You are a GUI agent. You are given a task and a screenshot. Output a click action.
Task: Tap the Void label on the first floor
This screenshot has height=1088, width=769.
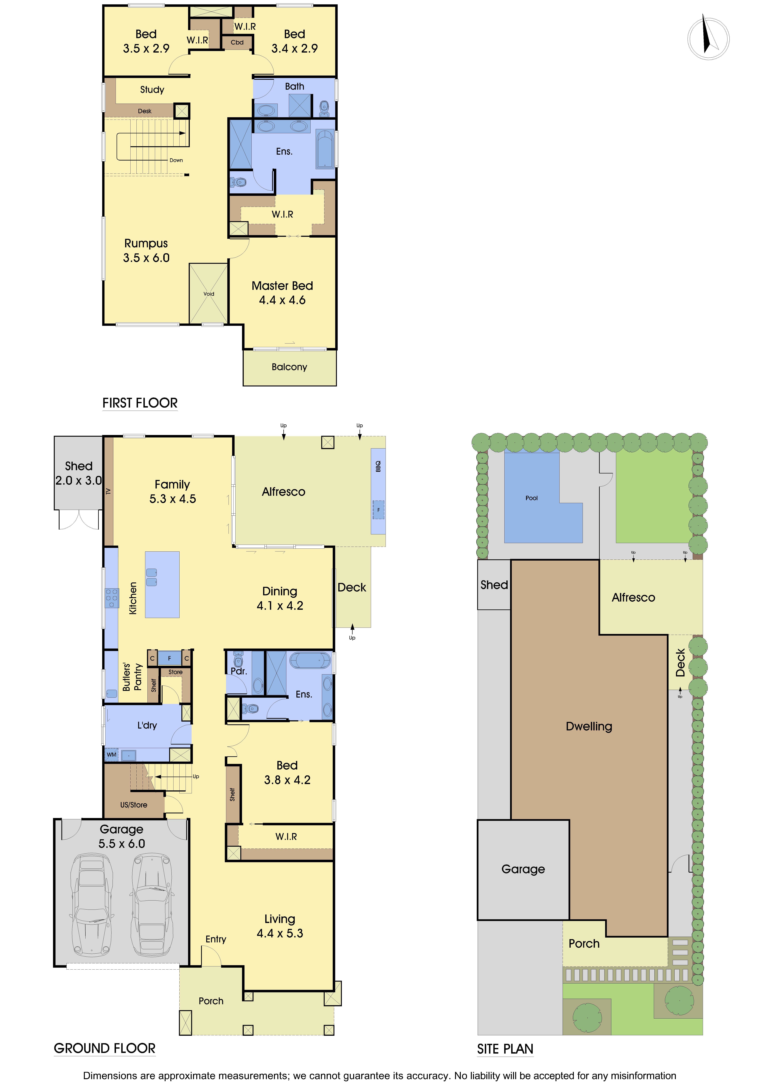pyautogui.click(x=209, y=294)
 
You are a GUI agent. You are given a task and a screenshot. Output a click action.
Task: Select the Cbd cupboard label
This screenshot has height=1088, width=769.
pyautogui.click(x=237, y=42)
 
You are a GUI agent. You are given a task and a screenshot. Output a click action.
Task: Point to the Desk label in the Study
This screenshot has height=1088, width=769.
pyautogui.click(x=144, y=111)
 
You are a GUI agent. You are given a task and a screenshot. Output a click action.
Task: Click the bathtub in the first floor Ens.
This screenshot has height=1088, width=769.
pyautogui.click(x=325, y=149)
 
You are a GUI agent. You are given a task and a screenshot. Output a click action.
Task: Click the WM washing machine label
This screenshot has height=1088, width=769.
pyautogui.click(x=111, y=754)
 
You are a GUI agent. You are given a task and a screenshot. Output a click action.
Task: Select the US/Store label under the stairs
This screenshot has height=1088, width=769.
pyautogui.click(x=134, y=805)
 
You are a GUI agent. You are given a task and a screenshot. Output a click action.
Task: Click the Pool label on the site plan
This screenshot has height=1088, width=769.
pyautogui.click(x=532, y=498)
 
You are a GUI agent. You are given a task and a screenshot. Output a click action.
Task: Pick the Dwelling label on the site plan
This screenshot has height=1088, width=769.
pyautogui.click(x=589, y=726)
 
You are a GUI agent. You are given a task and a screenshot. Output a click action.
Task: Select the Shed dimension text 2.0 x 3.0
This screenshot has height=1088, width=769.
pyautogui.click(x=79, y=481)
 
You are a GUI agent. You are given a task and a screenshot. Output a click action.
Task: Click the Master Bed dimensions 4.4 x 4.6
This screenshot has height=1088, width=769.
pyautogui.click(x=282, y=300)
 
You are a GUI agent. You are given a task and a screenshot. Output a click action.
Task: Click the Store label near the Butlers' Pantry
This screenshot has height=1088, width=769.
pyautogui.click(x=175, y=672)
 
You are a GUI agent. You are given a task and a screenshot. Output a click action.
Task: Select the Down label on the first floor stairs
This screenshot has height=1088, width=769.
pyautogui.click(x=176, y=160)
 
